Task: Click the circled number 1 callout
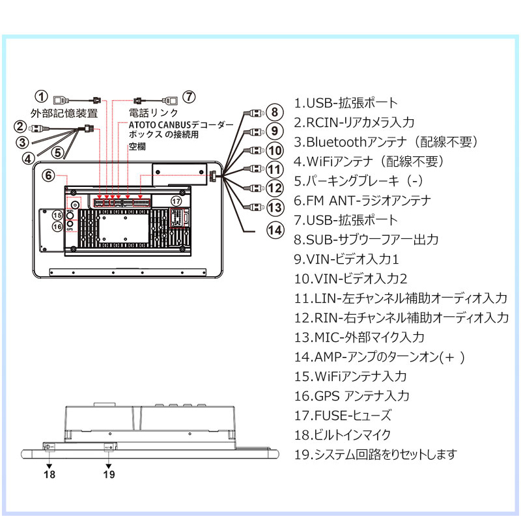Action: tap(42, 96)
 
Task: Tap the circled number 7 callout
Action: tap(189, 96)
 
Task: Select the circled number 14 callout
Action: tap(275, 231)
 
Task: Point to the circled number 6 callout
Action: tap(48, 175)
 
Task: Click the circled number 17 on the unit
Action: tap(176, 201)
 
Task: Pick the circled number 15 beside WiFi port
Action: tap(57, 215)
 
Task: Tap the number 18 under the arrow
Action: tap(49, 474)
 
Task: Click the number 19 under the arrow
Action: tap(109, 474)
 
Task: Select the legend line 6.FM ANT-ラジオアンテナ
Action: tap(363, 201)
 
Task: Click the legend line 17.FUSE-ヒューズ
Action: tap(343, 415)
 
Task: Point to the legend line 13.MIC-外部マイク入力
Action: tap(359, 337)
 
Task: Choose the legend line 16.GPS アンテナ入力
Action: tap(352, 396)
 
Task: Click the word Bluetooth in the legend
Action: tap(336, 142)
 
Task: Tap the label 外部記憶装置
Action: tap(64, 113)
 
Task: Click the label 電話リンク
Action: tap(154, 113)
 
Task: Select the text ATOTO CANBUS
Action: tap(160, 125)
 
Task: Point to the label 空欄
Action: tap(137, 146)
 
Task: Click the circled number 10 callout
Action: tap(275, 150)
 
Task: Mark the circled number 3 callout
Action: tap(23, 143)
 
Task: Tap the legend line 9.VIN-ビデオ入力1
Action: tap(346, 259)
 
